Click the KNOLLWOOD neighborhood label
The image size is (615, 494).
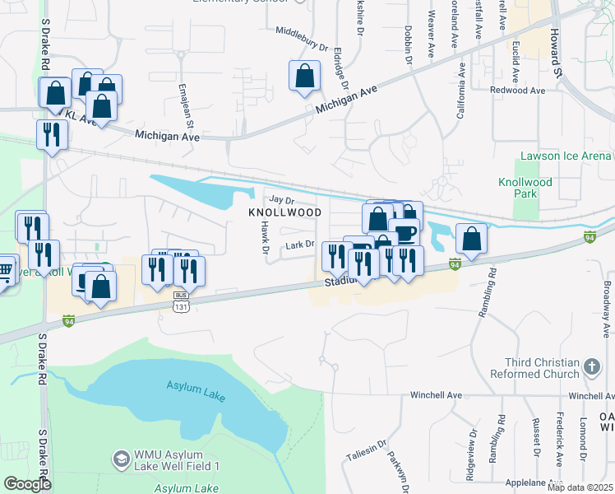[x=284, y=212]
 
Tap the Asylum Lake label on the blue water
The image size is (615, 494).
[x=195, y=385]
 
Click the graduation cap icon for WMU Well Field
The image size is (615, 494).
[x=121, y=458]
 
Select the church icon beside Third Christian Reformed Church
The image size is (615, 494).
[x=590, y=365]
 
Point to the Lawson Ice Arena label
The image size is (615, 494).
[x=566, y=156]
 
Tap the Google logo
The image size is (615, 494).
[x=27, y=484]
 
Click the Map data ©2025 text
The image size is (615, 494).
[x=579, y=488]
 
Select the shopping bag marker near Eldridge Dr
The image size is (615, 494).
[x=304, y=75]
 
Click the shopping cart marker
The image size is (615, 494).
[x=5, y=269]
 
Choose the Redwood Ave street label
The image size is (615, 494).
[x=517, y=90]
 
